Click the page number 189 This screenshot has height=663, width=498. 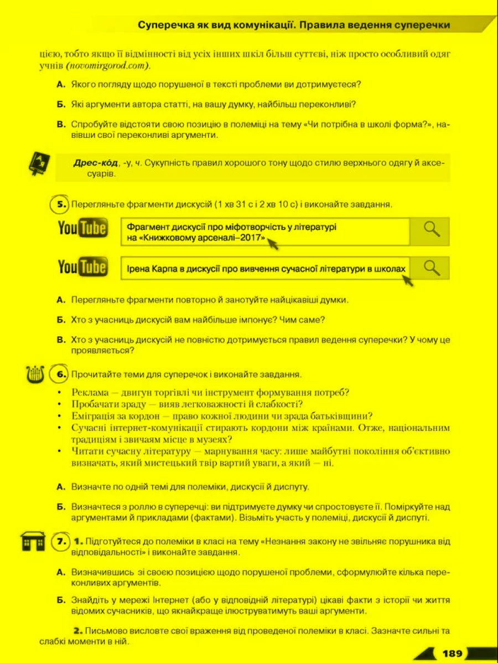[x=452, y=654]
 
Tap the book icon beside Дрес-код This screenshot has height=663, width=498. [x=39, y=165]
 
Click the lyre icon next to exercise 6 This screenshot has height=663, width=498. [x=34, y=374]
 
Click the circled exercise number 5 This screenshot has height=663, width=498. [x=59, y=204]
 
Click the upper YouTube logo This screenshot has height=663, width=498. [x=83, y=228]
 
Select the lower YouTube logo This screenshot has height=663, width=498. [x=83, y=268]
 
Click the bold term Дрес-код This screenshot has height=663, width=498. [x=95, y=163]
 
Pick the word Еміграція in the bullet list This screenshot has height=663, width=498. [x=95, y=416]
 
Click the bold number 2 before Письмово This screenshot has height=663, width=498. [x=77, y=631]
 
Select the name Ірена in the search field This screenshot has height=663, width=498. [x=136, y=269]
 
